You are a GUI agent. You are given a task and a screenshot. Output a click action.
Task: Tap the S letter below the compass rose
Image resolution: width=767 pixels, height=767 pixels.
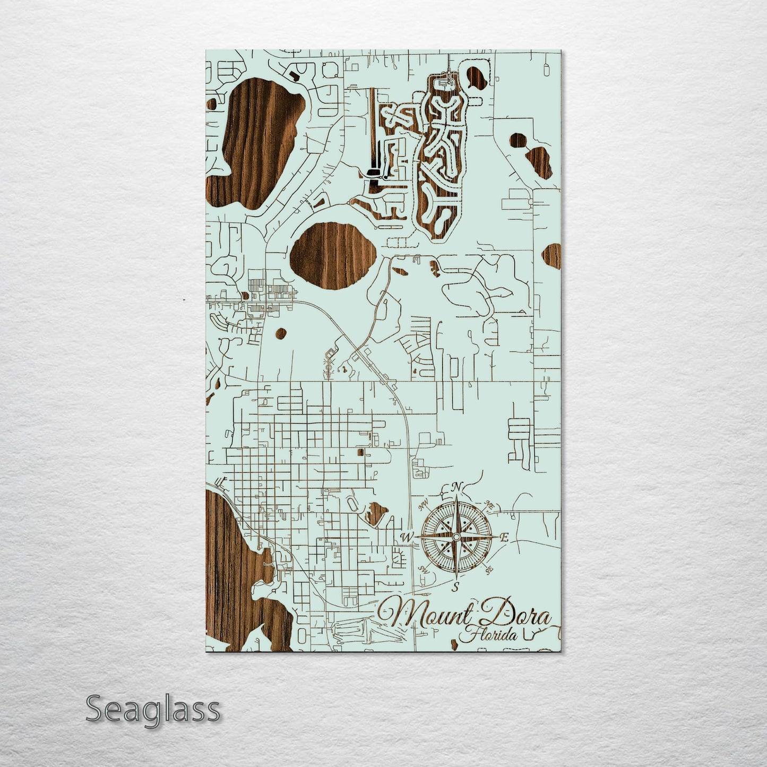455,587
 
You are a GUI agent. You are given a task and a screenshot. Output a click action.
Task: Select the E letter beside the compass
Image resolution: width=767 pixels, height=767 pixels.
504,538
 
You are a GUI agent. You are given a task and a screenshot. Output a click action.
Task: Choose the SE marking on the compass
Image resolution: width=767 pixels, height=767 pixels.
489,570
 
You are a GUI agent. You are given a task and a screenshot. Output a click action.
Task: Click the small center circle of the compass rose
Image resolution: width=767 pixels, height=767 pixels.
455,538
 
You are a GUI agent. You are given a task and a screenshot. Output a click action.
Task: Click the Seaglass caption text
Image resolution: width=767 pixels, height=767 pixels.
153,709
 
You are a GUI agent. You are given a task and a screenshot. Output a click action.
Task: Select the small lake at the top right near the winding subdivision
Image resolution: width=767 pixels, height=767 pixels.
475,77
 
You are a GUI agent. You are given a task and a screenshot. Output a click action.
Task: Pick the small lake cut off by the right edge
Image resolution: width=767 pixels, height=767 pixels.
552,257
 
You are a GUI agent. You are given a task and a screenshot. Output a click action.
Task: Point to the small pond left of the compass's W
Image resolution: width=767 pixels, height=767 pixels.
376,512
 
